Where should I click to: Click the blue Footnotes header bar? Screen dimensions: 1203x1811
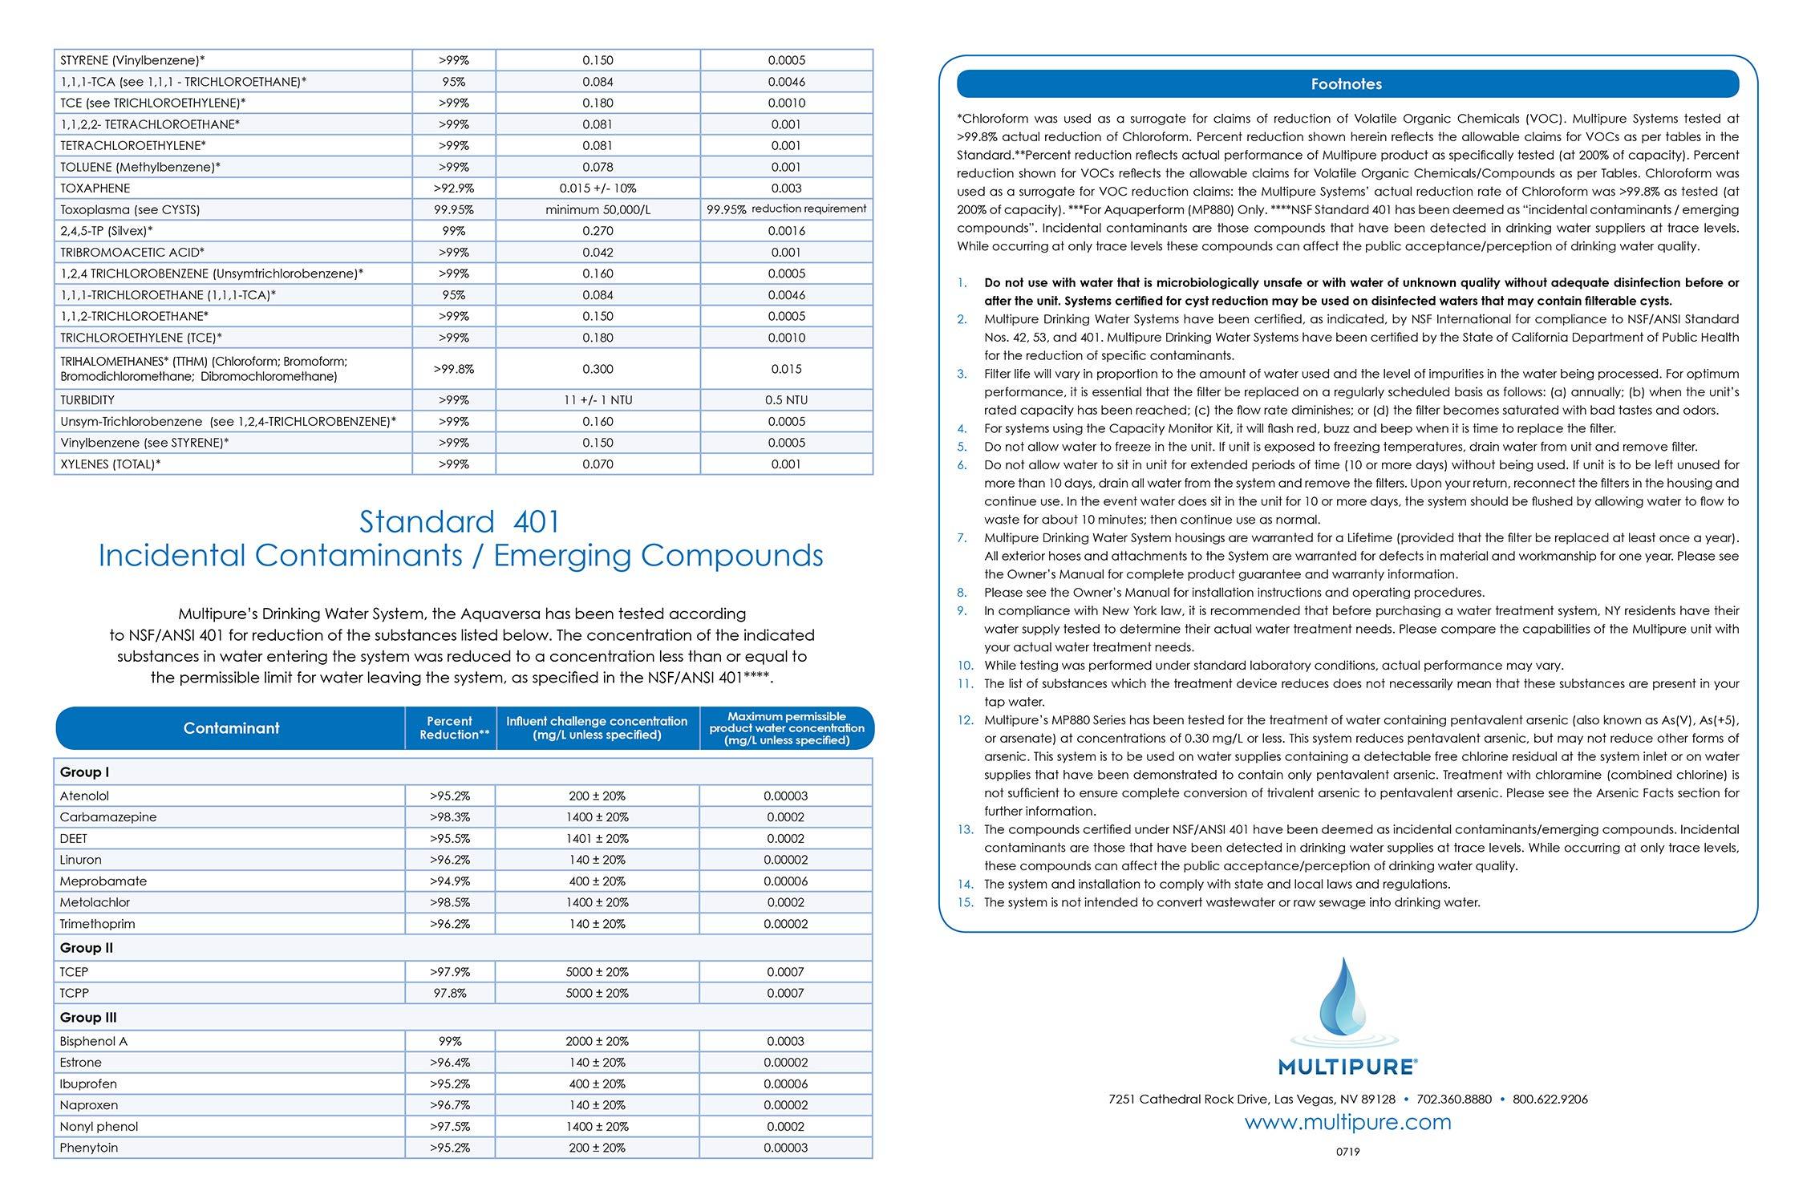click(1347, 84)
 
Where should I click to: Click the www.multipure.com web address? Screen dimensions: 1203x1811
click(1347, 1122)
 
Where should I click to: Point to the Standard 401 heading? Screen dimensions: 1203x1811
click(460, 522)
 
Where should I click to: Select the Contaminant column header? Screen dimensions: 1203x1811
click(231, 728)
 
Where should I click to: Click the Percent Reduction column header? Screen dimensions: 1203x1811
click(451, 728)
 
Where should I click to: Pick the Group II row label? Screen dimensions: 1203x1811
click(87, 948)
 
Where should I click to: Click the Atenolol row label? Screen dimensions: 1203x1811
click(84, 796)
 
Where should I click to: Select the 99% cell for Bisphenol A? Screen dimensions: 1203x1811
click(451, 1042)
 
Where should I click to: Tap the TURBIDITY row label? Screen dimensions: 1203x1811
click(87, 400)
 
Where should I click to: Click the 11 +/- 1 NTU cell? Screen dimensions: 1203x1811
click(598, 400)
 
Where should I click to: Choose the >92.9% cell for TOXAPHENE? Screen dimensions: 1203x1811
click(453, 188)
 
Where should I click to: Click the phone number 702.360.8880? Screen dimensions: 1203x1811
click(1454, 1100)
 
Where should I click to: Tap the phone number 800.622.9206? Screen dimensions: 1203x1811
click(1550, 1100)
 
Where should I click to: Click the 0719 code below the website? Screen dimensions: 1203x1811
click(1347, 1152)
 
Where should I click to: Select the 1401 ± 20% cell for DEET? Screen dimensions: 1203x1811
click(598, 839)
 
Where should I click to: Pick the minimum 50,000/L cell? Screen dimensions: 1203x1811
click(598, 210)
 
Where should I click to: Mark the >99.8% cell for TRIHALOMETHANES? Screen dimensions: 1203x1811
click(453, 370)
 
